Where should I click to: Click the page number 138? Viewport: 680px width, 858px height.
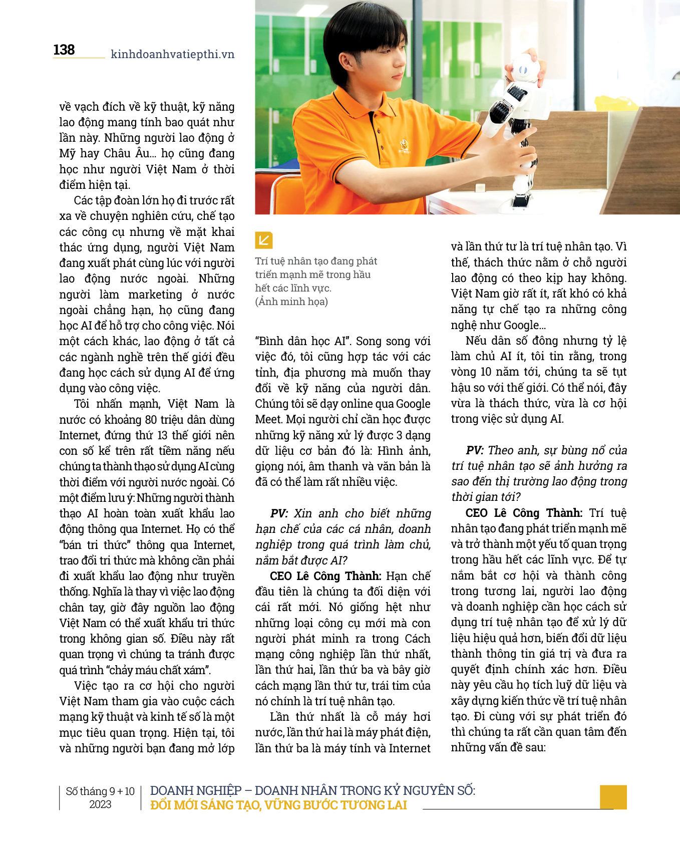[x=64, y=50]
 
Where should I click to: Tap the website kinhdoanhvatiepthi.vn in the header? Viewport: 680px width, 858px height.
[x=172, y=54]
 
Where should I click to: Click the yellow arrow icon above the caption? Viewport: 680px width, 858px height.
[x=263, y=240]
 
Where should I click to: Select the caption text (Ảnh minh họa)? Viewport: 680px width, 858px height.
[x=291, y=302]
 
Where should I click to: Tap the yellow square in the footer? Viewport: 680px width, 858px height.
[x=613, y=797]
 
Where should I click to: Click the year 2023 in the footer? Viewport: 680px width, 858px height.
[x=100, y=804]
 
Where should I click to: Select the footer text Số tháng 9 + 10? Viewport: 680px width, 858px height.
[x=100, y=791]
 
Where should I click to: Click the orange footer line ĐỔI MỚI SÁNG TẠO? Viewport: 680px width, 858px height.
[x=278, y=805]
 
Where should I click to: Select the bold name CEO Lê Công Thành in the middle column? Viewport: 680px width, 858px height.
[x=325, y=576]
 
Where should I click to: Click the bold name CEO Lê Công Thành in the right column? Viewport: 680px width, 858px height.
[x=524, y=513]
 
